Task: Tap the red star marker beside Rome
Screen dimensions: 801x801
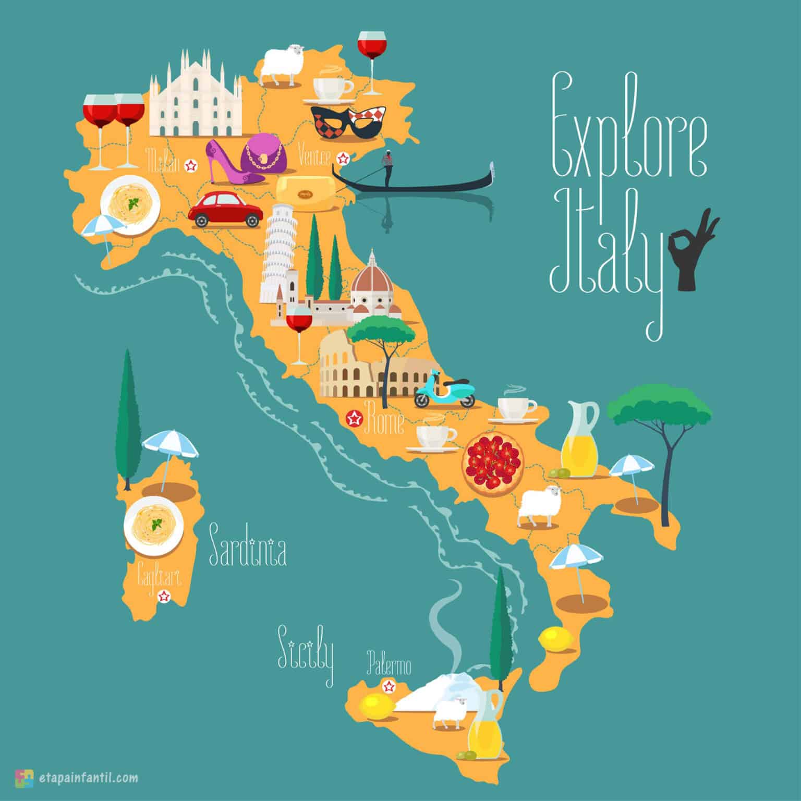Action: coord(355,418)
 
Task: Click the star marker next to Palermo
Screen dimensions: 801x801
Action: coord(389,686)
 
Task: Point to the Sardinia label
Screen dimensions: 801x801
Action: coord(247,552)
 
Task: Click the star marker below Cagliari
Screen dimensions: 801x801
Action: coord(164,596)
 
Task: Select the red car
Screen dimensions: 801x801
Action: coord(225,210)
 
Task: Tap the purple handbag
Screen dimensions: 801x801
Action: coord(265,152)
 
